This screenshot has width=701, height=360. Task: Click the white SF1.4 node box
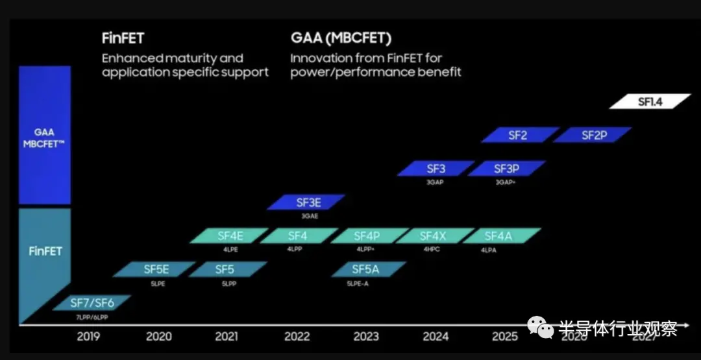coord(650,101)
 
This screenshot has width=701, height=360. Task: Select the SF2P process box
coord(593,135)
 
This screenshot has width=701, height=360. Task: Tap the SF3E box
coord(306,202)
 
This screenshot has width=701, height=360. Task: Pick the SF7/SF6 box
coord(92,303)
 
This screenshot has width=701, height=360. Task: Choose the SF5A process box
coord(369,269)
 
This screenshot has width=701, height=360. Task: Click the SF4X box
coord(432,236)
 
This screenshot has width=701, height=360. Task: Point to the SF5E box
coord(156,269)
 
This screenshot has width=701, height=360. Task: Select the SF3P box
coord(506,169)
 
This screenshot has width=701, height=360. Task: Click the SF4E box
coord(229,236)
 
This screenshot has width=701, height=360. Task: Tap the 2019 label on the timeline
coord(89,337)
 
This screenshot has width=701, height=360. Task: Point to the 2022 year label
coord(298,337)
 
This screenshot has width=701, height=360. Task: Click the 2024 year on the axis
coord(436,337)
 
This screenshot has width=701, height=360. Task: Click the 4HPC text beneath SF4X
coord(432,249)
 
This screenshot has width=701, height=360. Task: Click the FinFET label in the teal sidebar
coord(45,250)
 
